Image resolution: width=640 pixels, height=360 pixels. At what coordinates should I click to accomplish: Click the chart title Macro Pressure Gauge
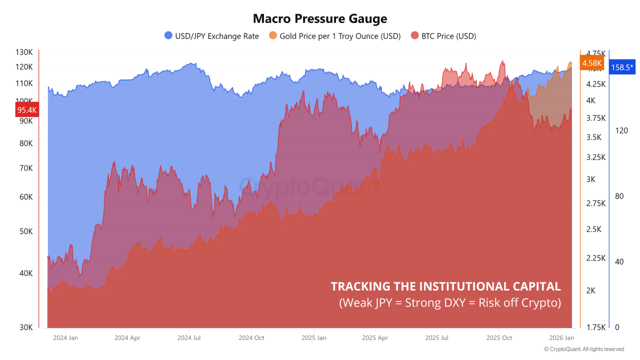(320, 19)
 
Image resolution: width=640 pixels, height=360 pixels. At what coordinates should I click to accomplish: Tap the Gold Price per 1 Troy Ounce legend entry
(334, 36)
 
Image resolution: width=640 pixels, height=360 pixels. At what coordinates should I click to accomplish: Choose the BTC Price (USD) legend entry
(443, 36)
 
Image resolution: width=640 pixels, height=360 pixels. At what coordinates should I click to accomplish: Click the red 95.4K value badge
(27, 110)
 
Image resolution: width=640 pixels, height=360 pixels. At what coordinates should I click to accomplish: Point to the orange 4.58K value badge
(591, 63)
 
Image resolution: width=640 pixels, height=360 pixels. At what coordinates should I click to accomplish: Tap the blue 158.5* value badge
(622, 67)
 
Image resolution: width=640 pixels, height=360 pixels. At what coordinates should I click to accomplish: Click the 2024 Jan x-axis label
(65, 338)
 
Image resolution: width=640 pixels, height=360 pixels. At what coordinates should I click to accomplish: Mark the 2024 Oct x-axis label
(251, 338)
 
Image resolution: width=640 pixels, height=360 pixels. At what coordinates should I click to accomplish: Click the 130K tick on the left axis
(24, 52)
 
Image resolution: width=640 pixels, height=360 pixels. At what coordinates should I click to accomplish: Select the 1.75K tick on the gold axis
(596, 327)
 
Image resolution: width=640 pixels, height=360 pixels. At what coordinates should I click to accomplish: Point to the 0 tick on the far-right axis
(617, 327)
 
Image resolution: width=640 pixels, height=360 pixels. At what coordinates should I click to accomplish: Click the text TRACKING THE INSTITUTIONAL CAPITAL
(445, 286)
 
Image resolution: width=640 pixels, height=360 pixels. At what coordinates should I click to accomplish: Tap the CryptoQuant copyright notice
(583, 349)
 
